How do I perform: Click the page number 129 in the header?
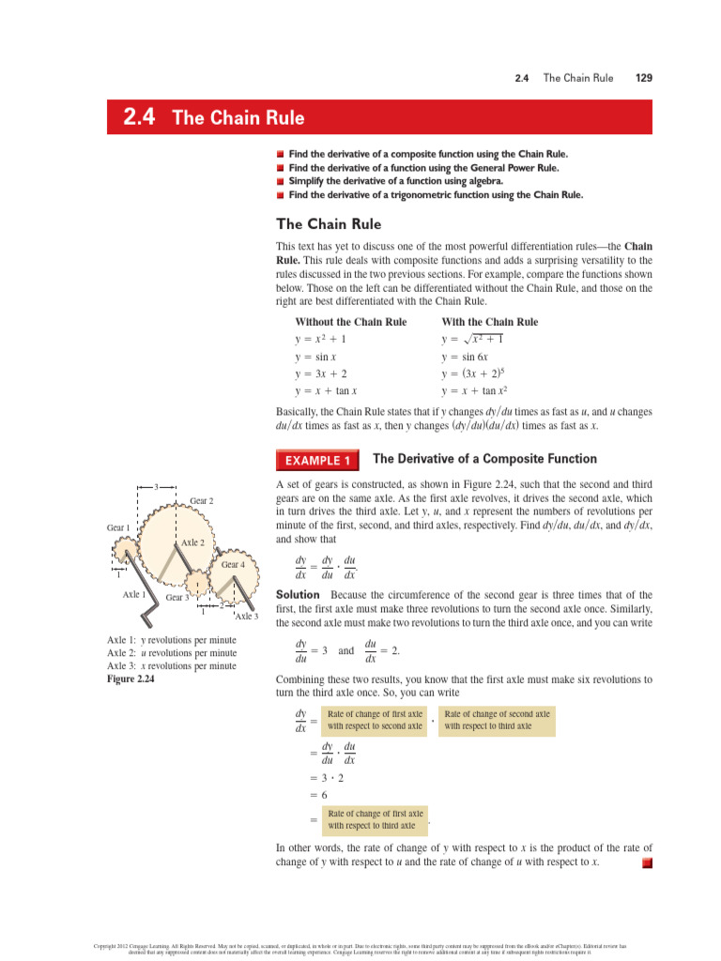click(643, 78)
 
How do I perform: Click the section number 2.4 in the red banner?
click(138, 118)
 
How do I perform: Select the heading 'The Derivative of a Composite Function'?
click(484, 459)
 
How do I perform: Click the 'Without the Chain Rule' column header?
click(351, 322)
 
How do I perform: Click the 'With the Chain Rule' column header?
click(489, 322)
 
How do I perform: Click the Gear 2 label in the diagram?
click(202, 501)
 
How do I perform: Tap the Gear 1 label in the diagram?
click(118, 528)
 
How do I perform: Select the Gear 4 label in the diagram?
click(233, 565)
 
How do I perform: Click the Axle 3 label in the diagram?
click(246, 617)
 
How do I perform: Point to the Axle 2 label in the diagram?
click(192, 543)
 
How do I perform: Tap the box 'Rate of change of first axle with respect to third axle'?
click(375, 819)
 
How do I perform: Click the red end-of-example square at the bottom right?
click(646, 862)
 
